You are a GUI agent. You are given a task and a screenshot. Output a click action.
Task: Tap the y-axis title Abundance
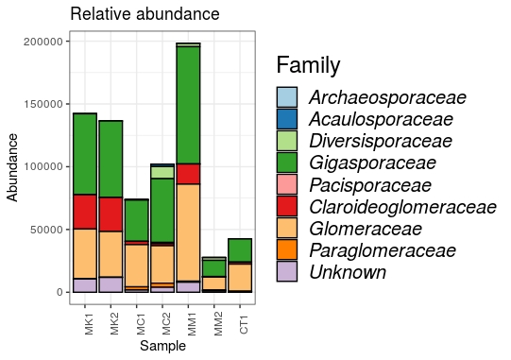(x=12, y=166)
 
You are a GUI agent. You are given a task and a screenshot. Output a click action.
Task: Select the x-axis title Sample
(x=162, y=347)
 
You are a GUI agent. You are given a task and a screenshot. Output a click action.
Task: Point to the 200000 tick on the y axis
(x=43, y=42)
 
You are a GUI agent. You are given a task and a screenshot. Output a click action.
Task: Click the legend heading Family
(x=308, y=65)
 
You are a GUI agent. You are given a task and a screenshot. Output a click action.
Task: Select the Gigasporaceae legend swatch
(x=287, y=163)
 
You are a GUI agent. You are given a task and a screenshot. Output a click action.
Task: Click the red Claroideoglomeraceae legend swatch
(x=287, y=207)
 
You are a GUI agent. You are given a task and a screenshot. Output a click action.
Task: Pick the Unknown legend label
(x=348, y=272)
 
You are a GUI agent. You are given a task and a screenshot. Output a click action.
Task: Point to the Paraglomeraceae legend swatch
(x=287, y=250)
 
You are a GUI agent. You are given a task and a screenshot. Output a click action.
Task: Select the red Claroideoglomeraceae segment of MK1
(x=85, y=212)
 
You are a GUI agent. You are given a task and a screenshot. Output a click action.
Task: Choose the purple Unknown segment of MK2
(x=111, y=284)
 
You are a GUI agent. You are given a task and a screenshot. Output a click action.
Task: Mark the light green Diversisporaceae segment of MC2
(x=162, y=172)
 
